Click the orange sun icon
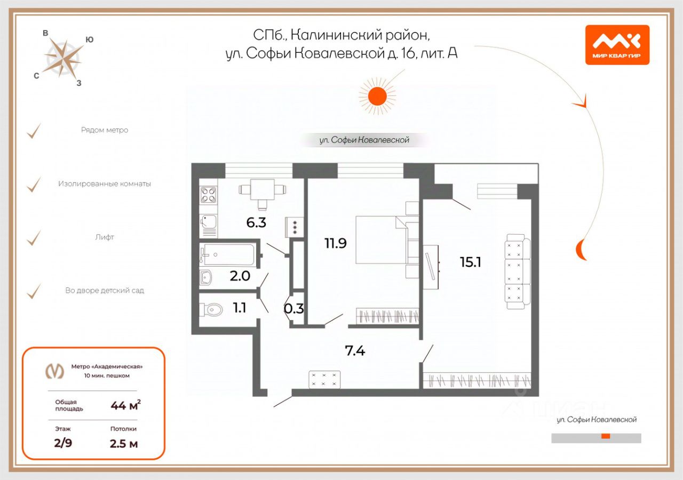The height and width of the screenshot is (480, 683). [x=378, y=96]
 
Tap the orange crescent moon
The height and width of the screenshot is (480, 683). [x=582, y=250]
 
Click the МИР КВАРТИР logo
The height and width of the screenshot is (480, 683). [x=617, y=45]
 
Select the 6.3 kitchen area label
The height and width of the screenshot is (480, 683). [x=256, y=222]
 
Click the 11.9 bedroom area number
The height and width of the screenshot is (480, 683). [x=336, y=243]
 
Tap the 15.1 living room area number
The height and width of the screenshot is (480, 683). [x=471, y=261]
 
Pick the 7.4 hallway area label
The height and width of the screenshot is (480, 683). [x=355, y=351]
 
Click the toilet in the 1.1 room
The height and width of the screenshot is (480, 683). [x=213, y=309]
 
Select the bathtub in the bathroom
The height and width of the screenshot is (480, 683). [x=227, y=255]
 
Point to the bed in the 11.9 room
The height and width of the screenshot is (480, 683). [x=381, y=239]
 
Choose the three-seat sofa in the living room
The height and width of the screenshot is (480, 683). [x=517, y=272]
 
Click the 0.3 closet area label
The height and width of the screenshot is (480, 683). [x=294, y=308]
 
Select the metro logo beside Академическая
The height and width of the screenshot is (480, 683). [x=54, y=371]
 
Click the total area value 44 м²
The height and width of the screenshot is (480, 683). [x=125, y=406]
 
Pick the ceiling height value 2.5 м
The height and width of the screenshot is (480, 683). [x=124, y=443]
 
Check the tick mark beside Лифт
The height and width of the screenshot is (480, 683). [x=34, y=237]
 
